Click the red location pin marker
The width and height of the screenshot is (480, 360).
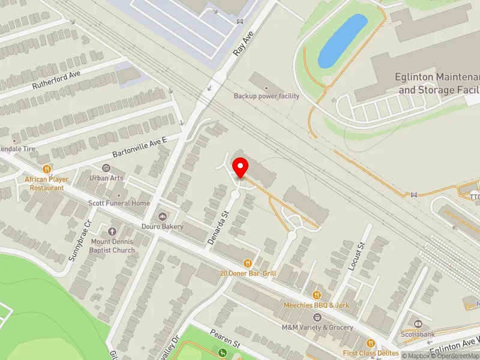pos(241,166)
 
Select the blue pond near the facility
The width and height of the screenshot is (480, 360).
pos(342,41)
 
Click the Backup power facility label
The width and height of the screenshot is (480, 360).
pos(266,96)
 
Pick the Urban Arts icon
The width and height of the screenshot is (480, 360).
pos(107,167)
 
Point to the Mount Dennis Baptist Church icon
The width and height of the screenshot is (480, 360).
pos(112,232)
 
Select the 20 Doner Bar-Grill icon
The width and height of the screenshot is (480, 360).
pos(247,263)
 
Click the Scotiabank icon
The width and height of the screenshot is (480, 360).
pos(418,324)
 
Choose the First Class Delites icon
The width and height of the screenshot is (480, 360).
pos(370,343)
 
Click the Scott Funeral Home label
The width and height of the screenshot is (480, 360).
pos(119,203)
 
